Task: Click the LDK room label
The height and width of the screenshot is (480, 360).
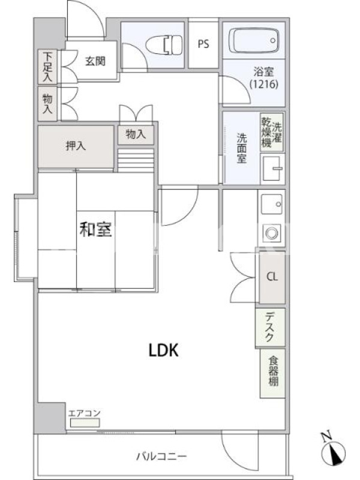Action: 163,350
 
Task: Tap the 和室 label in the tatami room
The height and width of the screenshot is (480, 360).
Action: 95,229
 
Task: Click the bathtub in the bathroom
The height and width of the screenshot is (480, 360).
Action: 254,40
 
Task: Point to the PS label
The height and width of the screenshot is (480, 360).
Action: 203,44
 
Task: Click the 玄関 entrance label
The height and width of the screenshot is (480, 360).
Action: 95,61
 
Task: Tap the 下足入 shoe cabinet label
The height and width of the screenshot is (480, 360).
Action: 47,67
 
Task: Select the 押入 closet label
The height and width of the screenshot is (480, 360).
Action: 76,146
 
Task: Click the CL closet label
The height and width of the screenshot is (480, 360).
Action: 272,277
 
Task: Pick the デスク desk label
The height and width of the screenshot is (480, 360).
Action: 269,326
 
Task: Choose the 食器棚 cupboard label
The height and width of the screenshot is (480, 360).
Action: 274,371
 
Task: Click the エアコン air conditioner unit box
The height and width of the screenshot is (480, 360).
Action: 85,423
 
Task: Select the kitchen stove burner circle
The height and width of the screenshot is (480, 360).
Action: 272,233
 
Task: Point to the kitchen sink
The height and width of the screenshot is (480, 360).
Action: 272,204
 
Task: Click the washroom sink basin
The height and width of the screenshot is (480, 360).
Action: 272,169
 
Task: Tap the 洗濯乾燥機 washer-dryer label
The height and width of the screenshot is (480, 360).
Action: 272,132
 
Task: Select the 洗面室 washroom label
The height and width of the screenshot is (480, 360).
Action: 242,148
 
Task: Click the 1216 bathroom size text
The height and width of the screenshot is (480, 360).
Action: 263,84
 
